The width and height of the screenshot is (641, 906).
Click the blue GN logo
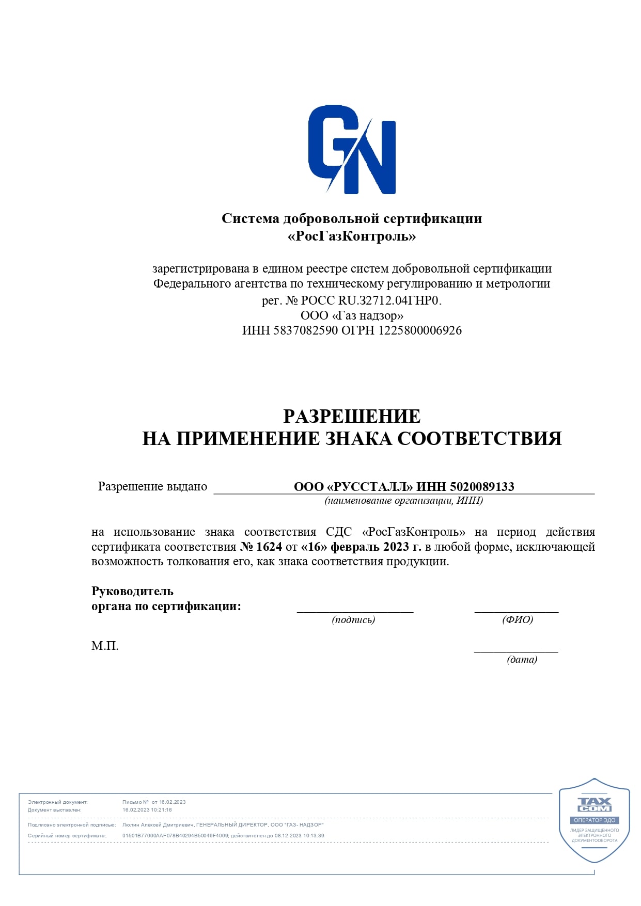coord(352,149)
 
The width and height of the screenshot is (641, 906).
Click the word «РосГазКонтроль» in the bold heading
coord(352,236)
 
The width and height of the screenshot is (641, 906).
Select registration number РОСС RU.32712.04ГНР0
coord(371,300)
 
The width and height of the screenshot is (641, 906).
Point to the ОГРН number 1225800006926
coord(420,330)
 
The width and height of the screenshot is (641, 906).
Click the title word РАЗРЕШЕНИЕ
coord(352,416)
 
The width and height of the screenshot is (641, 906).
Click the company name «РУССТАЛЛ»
coord(370,487)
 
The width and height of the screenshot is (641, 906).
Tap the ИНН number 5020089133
coord(482,487)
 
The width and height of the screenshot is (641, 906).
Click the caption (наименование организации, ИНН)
coord(403,500)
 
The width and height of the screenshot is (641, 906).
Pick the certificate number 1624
coord(269,547)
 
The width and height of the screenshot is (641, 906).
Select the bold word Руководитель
coord(132,591)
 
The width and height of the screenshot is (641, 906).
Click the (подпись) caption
coord(353,619)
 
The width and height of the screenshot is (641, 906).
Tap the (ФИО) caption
coord(517,619)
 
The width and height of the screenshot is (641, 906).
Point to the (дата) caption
coord(522,659)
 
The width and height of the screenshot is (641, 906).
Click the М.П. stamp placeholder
coord(105,646)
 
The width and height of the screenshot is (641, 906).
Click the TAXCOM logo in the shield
coord(594,805)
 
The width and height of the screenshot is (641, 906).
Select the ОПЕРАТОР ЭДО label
coord(595,820)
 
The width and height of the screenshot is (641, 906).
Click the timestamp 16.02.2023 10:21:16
coord(147,810)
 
